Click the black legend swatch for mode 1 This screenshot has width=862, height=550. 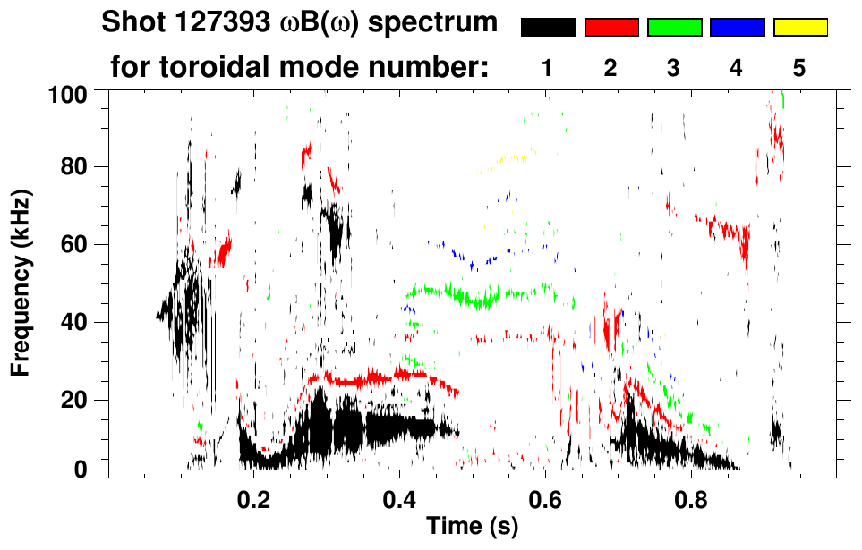(549, 28)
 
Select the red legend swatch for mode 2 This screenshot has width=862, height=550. (611, 28)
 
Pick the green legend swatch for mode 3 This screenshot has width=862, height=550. (674, 28)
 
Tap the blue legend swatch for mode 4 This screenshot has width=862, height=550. (737, 28)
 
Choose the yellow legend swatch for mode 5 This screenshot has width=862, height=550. (800, 28)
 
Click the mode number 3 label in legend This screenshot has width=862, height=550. (674, 68)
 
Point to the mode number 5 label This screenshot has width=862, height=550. (799, 68)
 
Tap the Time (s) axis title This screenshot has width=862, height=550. (472, 527)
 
